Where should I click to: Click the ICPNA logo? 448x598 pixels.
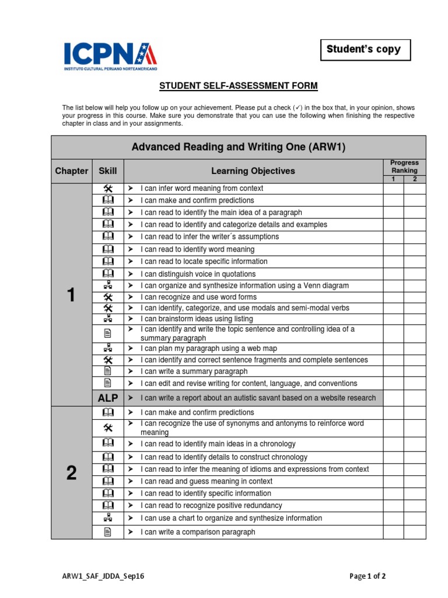click(x=110, y=56)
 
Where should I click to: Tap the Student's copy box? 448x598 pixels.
click(x=365, y=50)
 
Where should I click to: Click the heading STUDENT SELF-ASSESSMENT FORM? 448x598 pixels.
click(x=239, y=86)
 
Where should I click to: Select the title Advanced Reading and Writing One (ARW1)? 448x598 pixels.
click(x=239, y=147)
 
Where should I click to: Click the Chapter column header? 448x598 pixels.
click(x=71, y=171)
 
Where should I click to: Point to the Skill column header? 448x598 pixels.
click(x=108, y=171)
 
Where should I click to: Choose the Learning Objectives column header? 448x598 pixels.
click(x=253, y=171)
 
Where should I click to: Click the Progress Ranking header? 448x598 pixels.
click(x=404, y=166)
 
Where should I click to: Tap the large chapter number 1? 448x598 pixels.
click(x=71, y=295)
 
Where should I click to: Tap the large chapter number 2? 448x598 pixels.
click(x=71, y=472)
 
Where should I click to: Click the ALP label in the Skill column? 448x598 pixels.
click(x=108, y=398)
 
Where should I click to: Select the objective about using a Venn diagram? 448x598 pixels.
click(x=244, y=286)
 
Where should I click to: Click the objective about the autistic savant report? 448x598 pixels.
click(x=258, y=398)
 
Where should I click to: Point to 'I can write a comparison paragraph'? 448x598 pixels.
click(x=198, y=532)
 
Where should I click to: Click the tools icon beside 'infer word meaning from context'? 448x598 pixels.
click(x=108, y=189)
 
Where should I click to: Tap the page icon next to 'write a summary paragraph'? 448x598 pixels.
click(x=108, y=371)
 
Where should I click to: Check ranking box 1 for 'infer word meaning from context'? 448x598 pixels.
click(x=393, y=189)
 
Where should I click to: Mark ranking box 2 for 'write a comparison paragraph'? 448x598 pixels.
click(x=415, y=532)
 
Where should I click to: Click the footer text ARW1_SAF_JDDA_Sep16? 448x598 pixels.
click(x=103, y=576)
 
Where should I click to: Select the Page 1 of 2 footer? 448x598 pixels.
click(x=367, y=576)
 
